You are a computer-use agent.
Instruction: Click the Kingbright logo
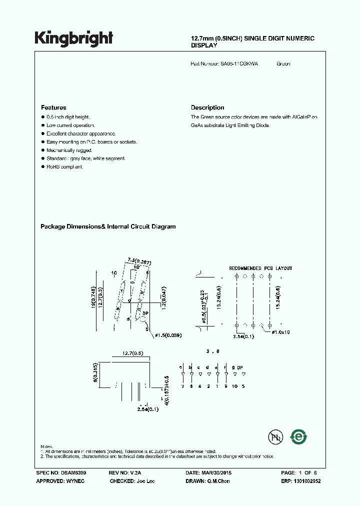click(x=73, y=38)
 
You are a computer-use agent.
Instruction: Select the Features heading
click(x=53, y=107)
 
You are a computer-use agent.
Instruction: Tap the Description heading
click(x=207, y=107)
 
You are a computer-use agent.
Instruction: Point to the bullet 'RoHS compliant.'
click(x=64, y=166)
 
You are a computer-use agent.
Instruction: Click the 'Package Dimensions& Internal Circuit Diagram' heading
click(x=108, y=226)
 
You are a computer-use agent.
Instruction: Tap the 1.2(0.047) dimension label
click(x=162, y=296)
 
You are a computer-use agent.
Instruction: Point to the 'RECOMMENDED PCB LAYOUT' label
click(x=260, y=268)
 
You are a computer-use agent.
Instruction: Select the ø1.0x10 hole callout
click(x=283, y=332)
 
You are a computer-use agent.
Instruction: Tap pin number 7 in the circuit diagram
click(x=183, y=386)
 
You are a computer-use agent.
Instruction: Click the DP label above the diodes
click(x=240, y=368)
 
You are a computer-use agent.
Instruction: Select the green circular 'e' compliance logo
click(x=299, y=436)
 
